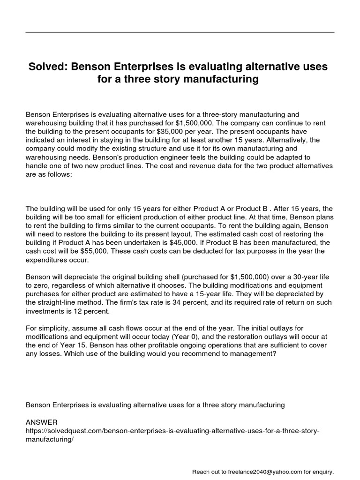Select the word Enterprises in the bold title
pyautogui.click(x=139, y=67)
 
